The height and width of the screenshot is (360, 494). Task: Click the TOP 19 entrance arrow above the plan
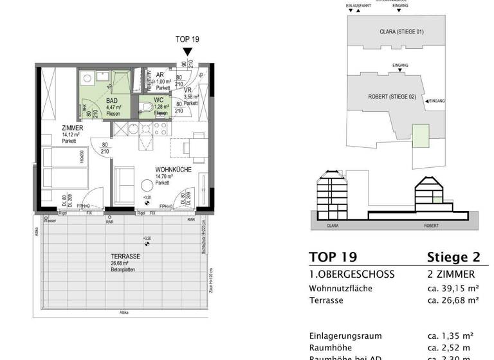click(187, 52)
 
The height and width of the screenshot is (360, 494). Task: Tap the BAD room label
click(112, 101)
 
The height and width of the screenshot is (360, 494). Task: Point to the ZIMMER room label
click(72, 129)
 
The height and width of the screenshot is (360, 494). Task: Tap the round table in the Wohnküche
click(147, 186)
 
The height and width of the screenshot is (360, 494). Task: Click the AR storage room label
click(160, 75)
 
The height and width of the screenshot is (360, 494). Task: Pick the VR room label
click(188, 91)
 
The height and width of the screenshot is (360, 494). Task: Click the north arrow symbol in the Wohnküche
click(147, 204)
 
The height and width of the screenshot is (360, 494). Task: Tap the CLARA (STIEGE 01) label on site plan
click(397, 32)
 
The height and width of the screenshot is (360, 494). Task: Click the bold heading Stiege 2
click(453, 257)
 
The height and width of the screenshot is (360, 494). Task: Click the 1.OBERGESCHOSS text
click(352, 274)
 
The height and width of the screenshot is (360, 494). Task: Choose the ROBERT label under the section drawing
click(431, 226)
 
